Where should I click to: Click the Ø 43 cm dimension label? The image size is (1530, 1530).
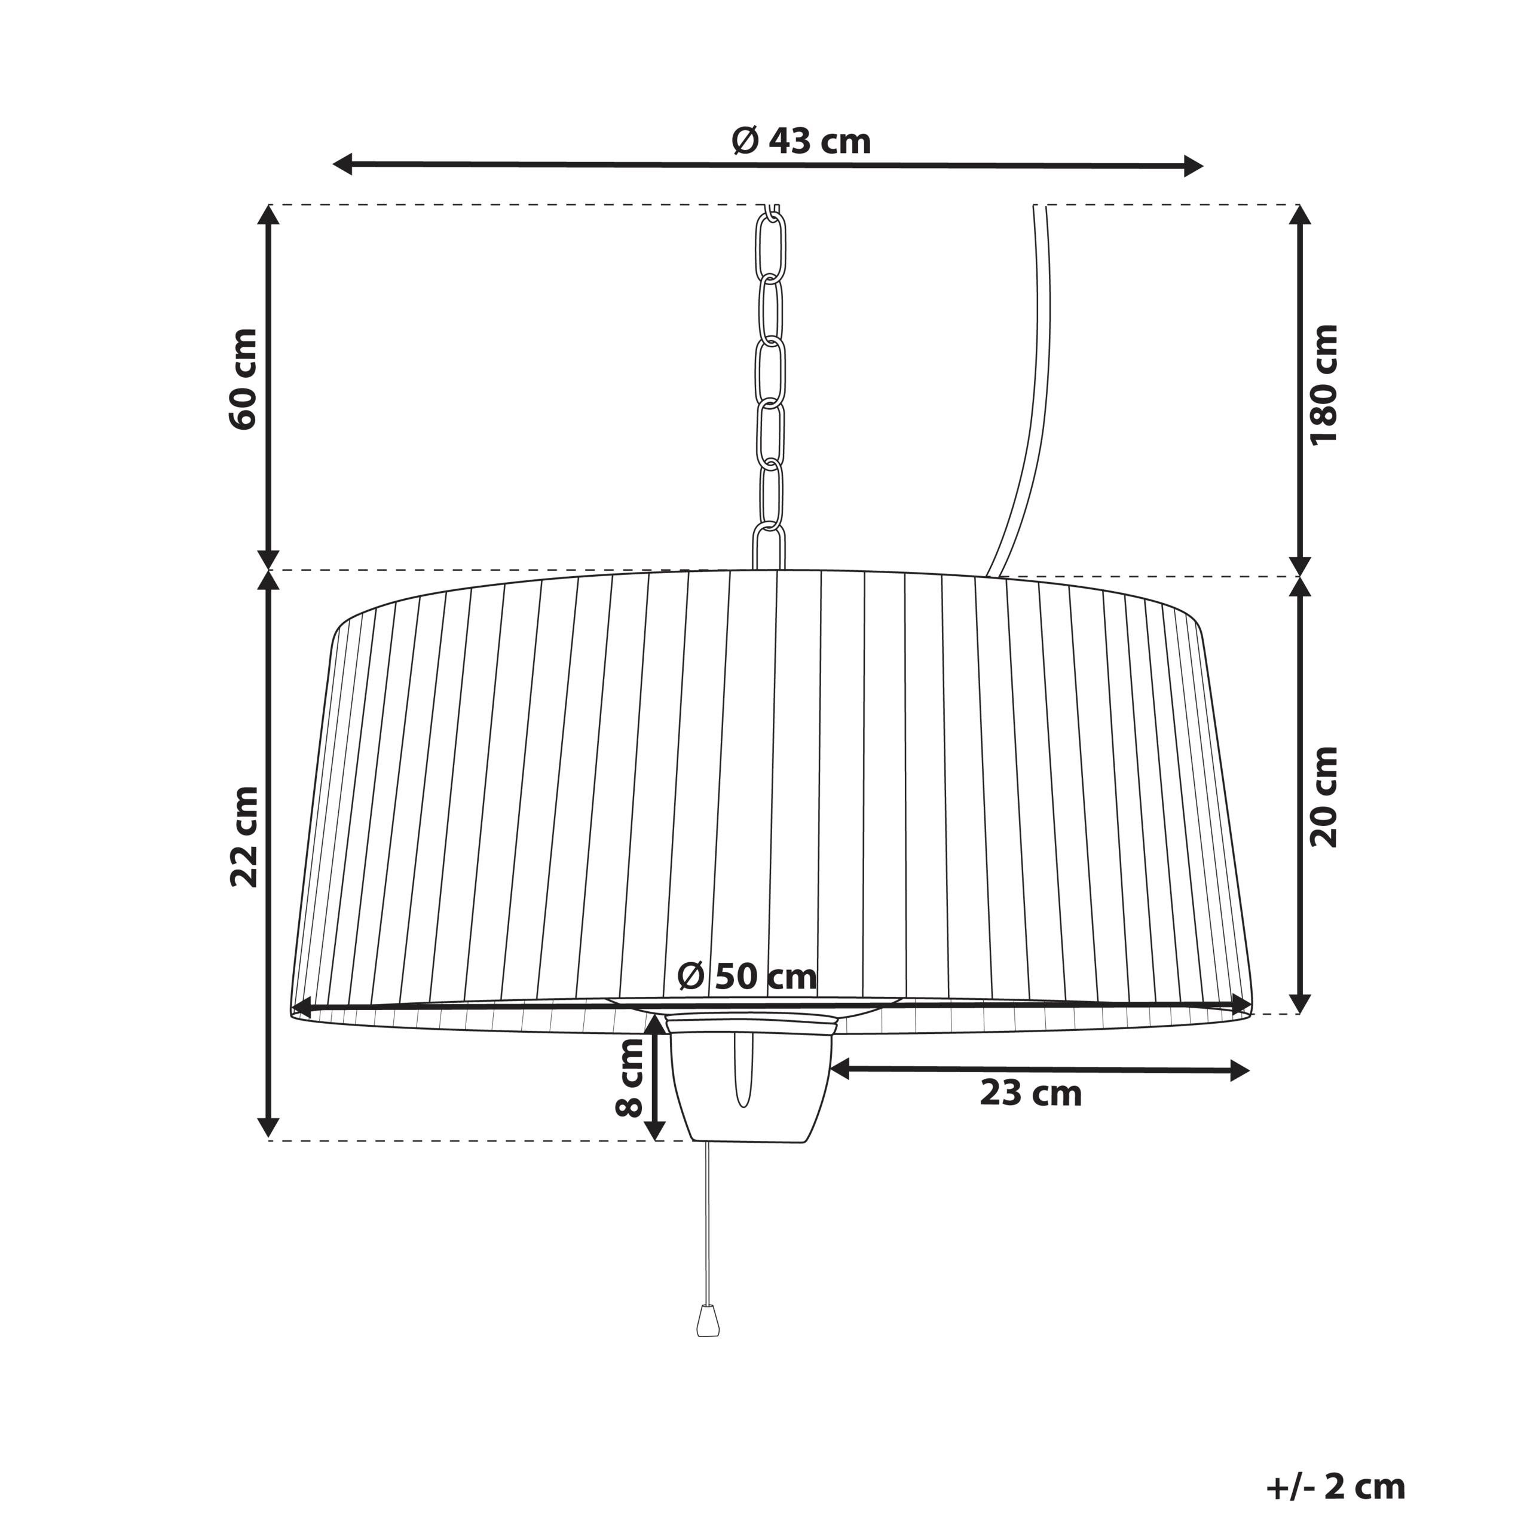(x=801, y=142)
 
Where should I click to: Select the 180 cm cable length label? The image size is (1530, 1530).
(x=1323, y=385)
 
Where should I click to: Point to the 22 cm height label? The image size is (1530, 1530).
(x=244, y=837)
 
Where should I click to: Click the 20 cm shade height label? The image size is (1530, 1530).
(x=1323, y=797)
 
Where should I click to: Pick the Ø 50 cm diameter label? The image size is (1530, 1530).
(x=747, y=977)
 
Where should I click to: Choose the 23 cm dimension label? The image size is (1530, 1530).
(x=1030, y=1094)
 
